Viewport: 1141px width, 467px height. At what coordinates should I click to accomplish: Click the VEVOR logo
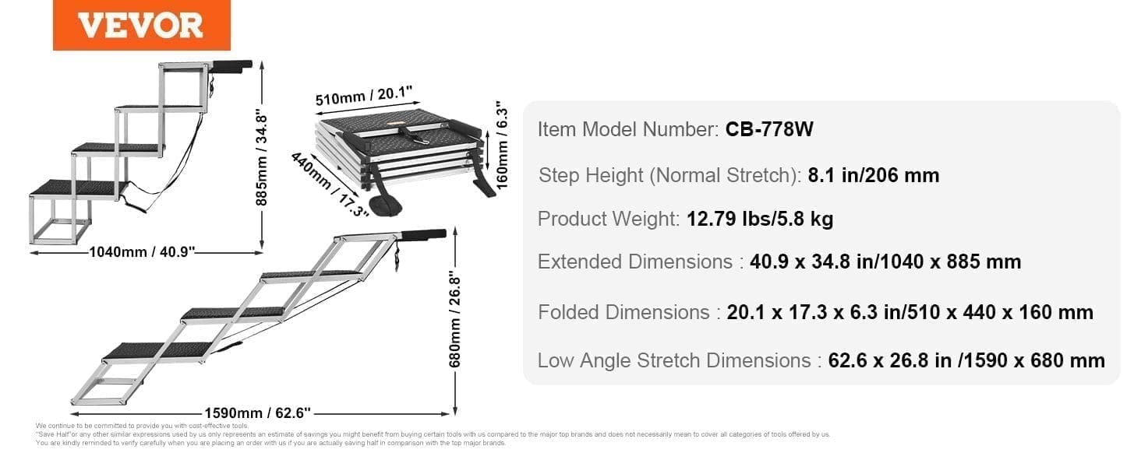140,25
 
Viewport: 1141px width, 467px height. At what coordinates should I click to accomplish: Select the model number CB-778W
769,129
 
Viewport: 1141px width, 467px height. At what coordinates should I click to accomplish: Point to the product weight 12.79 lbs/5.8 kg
760,219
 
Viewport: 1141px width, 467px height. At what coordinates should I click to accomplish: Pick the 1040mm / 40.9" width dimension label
142,251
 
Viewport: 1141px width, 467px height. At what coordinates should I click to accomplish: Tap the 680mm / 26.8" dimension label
456,321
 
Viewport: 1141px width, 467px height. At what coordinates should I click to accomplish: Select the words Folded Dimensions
623,312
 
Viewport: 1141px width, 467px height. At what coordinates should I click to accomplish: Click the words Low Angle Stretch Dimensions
674,360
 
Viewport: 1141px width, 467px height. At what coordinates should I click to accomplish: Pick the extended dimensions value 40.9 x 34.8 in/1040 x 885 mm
885,262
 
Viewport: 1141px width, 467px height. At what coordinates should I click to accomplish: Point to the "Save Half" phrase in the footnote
51,434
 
